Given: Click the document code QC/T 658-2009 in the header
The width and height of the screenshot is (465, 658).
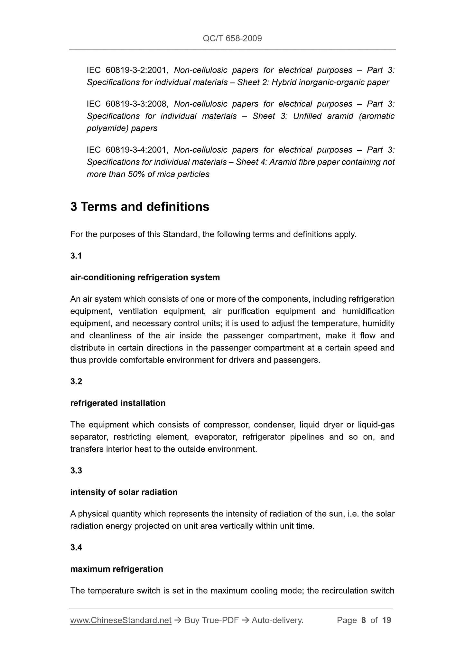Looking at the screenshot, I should [x=232, y=39].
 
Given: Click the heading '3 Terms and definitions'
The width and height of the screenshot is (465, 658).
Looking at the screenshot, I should [x=140, y=207].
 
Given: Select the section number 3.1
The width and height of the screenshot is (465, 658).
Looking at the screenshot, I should [x=76, y=256].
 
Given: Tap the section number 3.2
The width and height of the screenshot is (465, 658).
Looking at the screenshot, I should [x=76, y=381].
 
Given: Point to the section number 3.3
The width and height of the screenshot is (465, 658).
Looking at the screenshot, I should [x=76, y=471].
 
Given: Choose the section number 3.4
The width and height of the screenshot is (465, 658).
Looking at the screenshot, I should [x=76, y=548].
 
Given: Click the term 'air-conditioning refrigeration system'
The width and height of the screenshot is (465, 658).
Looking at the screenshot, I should [x=145, y=277].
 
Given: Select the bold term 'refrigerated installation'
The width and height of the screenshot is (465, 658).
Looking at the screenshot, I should [x=118, y=403].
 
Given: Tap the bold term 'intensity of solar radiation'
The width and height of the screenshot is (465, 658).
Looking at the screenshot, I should [x=124, y=492].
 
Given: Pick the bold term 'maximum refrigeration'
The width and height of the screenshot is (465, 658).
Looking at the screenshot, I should [x=116, y=569].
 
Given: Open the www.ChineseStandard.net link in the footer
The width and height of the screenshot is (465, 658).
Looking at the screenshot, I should [x=121, y=620].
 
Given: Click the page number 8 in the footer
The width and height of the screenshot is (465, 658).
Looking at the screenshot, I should [x=364, y=620].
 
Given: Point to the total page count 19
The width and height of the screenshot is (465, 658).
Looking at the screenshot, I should [x=386, y=620].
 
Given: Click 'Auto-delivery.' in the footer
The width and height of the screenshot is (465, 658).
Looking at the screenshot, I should [x=277, y=620].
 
